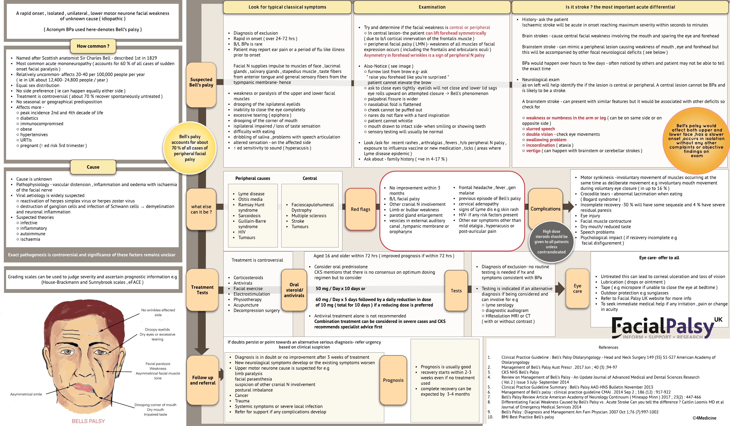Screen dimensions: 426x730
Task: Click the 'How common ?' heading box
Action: tap(93, 46)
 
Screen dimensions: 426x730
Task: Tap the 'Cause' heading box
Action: tap(93, 167)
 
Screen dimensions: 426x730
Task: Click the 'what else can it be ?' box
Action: tap(201, 209)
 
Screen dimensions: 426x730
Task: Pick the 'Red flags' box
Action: tap(360, 209)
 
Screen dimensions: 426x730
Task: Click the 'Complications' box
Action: tap(545, 209)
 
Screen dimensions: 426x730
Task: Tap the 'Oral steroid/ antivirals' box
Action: tap(294, 290)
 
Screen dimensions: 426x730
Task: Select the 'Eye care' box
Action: tap(577, 288)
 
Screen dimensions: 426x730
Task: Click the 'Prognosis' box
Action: tap(393, 380)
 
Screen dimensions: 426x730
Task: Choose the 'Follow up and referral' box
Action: tap(203, 380)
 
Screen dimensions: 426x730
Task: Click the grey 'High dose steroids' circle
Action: tap(551, 241)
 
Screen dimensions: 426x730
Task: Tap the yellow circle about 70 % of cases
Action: tap(190, 148)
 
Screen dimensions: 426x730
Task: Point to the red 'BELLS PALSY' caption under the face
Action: tap(88, 421)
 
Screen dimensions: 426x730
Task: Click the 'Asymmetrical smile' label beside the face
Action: tap(26, 394)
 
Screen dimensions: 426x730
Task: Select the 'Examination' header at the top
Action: tap(432, 7)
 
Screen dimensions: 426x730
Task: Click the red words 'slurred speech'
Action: tap(540, 129)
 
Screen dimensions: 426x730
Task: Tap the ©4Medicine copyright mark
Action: tap(704, 418)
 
